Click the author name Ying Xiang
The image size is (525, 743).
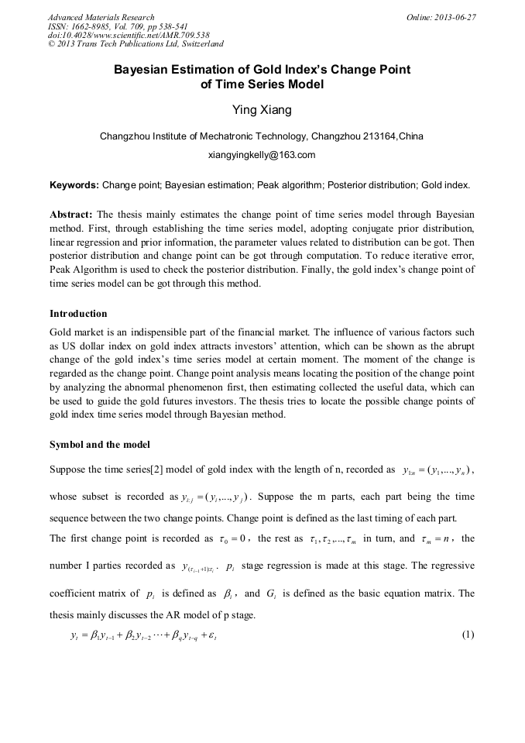point(262,110)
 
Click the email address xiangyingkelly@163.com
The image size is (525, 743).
point(262,155)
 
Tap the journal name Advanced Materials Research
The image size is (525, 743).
point(101,17)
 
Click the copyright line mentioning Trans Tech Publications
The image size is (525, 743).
point(136,44)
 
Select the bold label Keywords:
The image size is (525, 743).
point(74,186)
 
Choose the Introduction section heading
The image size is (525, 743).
point(78,314)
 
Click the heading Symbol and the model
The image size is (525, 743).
point(100,445)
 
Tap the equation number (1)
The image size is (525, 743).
point(467,635)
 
